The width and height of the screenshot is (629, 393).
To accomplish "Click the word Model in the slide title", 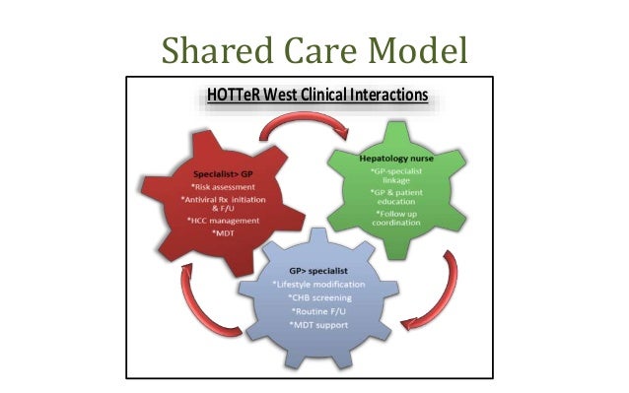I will tap(418, 46).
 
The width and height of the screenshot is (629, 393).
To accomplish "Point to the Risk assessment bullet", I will tap(222, 189).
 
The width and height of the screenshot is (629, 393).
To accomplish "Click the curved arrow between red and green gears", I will tap(307, 122).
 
